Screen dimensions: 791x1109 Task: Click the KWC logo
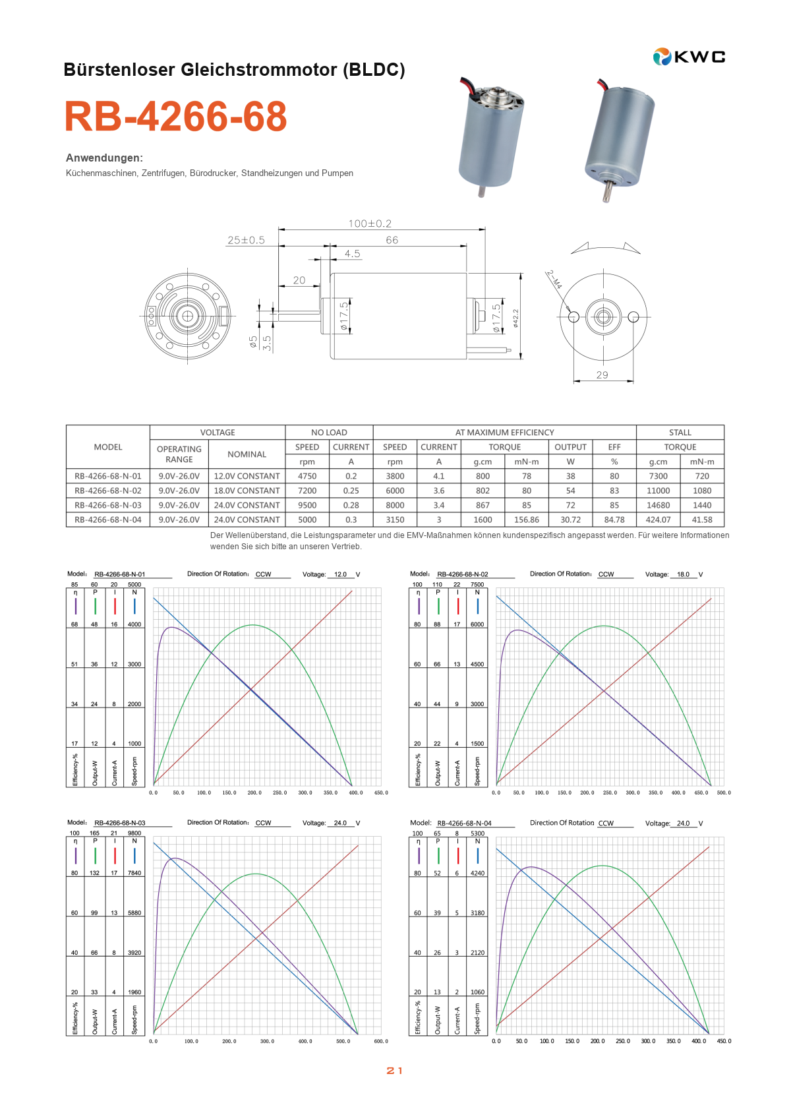(689, 57)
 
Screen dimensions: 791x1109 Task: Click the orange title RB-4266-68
(176, 116)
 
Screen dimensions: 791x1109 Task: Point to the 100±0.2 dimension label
(370, 224)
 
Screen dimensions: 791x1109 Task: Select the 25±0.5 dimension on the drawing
(246, 240)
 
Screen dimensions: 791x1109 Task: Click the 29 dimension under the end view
(602, 375)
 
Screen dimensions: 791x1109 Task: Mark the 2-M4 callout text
(554, 280)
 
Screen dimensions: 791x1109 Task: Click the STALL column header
(680, 433)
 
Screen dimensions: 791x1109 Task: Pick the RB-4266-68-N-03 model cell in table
(108, 505)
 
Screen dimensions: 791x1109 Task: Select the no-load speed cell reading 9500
(307, 505)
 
